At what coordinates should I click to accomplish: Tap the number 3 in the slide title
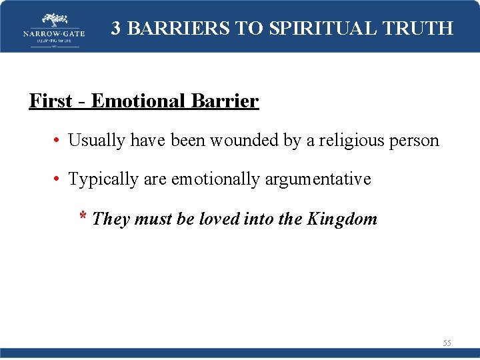click(x=116, y=28)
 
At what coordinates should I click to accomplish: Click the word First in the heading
click(x=50, y=101)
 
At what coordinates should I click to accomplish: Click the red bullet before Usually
click(x=59, y=141)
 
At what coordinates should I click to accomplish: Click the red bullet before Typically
click(x=59, y=179)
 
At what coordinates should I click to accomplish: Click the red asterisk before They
click(x=83, y=217)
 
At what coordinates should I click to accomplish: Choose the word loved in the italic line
click(x=219, y=219)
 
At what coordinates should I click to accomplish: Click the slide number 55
click(x=447, y=343)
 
